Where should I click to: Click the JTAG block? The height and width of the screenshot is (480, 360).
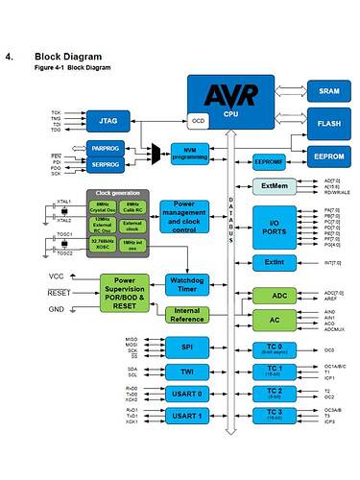pos(108,123)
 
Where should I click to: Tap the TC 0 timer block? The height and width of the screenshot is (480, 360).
pos(274,348)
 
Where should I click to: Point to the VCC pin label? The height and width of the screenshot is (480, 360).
pos(57,276)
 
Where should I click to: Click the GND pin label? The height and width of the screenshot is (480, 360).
pos(57,309)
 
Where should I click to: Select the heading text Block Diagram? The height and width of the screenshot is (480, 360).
pos(66,56)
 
